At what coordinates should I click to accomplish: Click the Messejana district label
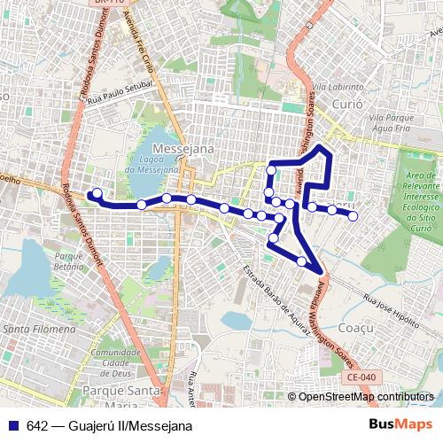183,150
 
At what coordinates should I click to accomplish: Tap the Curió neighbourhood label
347,104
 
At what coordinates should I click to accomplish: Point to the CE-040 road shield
361,377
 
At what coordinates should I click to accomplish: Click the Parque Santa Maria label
120,390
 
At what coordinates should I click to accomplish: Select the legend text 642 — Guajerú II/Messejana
110,426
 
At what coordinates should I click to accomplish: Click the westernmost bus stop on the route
97,193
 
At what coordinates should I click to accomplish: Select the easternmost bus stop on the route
353,215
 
